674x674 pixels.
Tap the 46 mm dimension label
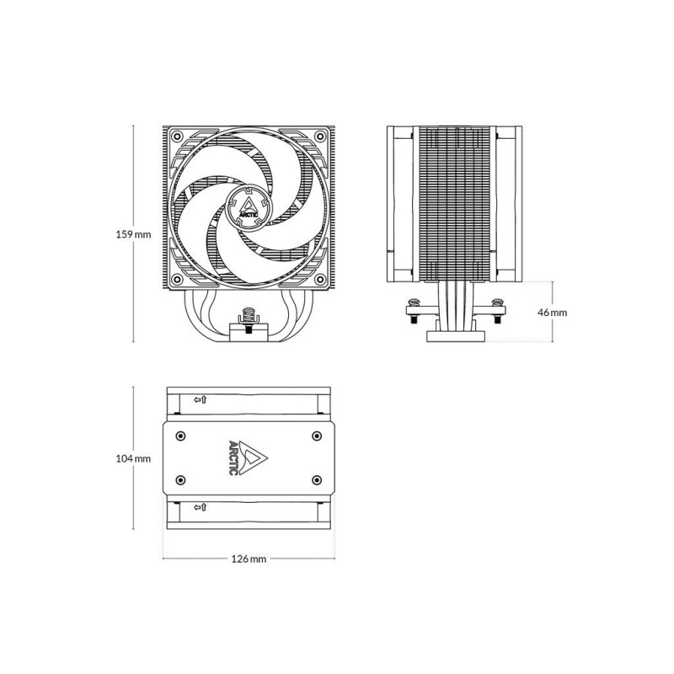click(x=553, y=312)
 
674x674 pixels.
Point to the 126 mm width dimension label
click(x=249, y=559)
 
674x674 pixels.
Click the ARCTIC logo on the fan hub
click(x=249, y=205)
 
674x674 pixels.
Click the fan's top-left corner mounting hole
click(x=177, y=137)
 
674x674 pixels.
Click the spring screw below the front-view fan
click(x=249, y=316)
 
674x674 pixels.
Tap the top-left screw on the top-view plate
click(x=181, y=436)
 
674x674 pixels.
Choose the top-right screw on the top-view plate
click(x=316, y=436)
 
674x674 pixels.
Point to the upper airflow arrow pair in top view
click(x=200, y=399)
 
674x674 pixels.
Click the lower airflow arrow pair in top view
click(x=200, y=507)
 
